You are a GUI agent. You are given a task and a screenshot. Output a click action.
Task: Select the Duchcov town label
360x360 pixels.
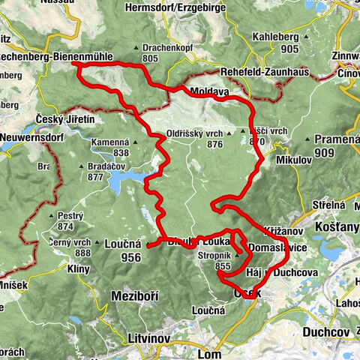[328, 330]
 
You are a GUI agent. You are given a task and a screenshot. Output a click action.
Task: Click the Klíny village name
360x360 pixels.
[78, 268]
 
